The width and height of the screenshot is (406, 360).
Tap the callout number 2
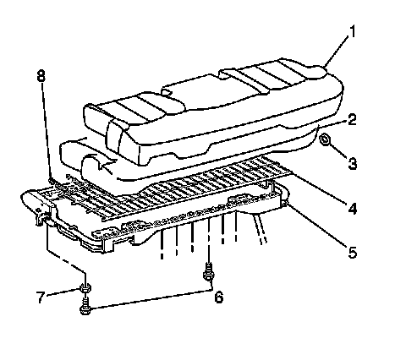pos(352,119)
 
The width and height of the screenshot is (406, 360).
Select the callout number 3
pos(352,163)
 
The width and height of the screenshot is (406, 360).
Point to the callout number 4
pos(352,209)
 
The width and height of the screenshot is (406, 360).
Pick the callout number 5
pos(352,252)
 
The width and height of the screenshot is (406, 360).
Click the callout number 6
pos(219,297)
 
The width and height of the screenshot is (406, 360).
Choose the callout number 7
pos(41,297)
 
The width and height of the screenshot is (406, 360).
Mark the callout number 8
pos(41,75)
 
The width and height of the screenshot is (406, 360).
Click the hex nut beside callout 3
pos(325,139)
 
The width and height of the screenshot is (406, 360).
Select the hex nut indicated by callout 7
pos(85,288)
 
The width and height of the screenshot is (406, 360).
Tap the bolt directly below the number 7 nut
pos(85,306)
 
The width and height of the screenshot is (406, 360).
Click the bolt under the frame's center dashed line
pos(208,272)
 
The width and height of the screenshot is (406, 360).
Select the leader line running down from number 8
pos(47,130)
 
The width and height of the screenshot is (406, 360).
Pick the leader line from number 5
pos(317,226)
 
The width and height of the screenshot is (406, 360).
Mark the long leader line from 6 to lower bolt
pos(151,299)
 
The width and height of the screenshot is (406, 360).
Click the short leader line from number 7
pos(63,292)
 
